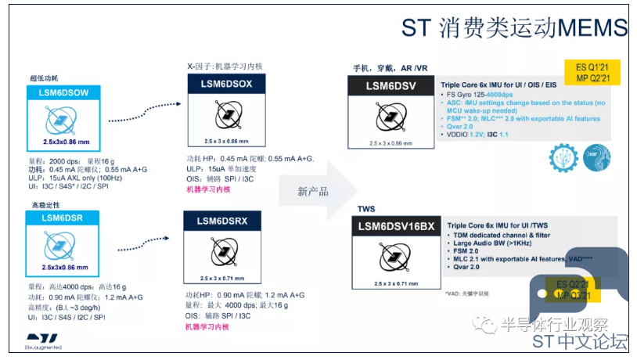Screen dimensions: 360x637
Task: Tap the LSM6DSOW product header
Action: click(x=60, y=92)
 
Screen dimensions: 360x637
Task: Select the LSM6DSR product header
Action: click(x=60, y=218)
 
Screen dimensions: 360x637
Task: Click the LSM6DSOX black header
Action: click(x=226, y=84)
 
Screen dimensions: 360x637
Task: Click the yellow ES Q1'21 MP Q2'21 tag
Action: click(x=592, y=73)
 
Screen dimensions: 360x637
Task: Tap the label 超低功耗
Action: click(x=45, y=77)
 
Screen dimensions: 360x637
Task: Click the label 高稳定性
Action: click(x=45, y=205)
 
